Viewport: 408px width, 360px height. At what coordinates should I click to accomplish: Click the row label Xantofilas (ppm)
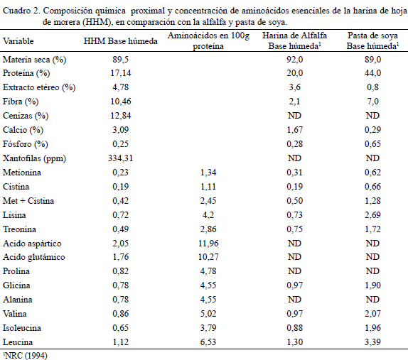34,158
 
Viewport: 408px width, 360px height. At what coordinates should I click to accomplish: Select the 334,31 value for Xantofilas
120,158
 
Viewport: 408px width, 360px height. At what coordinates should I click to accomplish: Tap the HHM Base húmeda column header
120,41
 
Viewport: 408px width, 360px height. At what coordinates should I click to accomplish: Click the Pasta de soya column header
372,40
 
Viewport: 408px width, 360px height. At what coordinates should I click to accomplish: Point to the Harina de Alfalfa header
294,40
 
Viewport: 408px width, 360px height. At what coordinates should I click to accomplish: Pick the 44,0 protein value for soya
372,73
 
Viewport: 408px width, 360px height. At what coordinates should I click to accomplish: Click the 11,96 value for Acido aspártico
208,244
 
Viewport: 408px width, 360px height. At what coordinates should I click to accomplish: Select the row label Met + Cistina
28,201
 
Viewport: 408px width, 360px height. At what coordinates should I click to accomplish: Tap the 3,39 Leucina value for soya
372,342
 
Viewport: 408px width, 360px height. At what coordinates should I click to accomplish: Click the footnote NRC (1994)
26,355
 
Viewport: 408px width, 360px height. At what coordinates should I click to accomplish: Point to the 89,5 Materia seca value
120,60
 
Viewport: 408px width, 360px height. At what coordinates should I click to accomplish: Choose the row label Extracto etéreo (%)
39,87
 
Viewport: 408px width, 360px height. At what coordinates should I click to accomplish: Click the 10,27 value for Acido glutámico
208,257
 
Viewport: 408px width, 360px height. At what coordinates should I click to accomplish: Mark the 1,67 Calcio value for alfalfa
294,130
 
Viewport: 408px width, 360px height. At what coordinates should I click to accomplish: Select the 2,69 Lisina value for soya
372,215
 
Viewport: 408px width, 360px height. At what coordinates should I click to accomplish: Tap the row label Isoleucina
22,328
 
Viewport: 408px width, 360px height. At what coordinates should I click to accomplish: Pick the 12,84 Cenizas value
120,116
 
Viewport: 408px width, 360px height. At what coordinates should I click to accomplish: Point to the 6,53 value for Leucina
208,342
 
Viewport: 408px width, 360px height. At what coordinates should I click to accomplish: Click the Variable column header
18,41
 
